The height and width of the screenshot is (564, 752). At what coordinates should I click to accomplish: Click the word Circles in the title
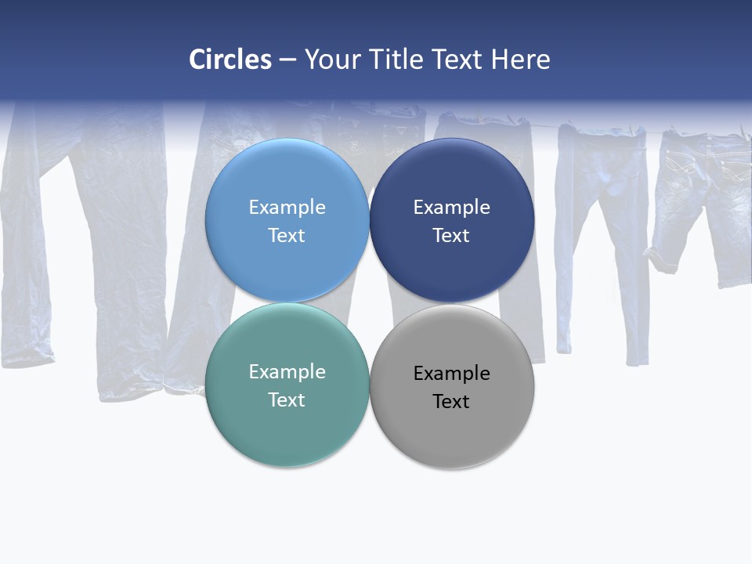[230, 60]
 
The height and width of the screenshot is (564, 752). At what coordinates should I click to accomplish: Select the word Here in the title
[520, 60]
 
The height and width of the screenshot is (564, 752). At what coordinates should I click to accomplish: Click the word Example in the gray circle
[452, 374]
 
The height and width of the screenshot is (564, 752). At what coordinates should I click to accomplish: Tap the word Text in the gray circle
[451, 402]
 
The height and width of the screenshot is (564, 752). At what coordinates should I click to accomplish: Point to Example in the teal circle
[287, 372]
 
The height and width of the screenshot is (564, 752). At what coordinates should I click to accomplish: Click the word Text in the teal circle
[287, 400]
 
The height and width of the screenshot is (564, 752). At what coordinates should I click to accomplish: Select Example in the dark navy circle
[452, 208]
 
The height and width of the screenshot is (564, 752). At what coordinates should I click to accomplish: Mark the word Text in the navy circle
[451, 236]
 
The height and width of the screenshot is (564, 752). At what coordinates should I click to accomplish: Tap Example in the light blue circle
[287, 208]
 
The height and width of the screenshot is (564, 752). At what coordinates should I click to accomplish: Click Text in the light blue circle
[287, 236]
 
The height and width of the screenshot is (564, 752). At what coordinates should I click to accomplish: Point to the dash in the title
[287, 60]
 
